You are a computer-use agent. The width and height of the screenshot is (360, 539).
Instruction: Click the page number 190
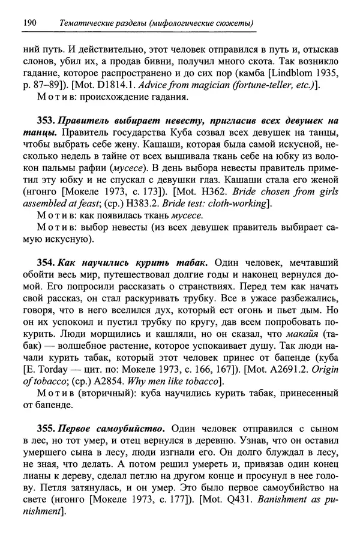pyautogui.click(x=29, y=23)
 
